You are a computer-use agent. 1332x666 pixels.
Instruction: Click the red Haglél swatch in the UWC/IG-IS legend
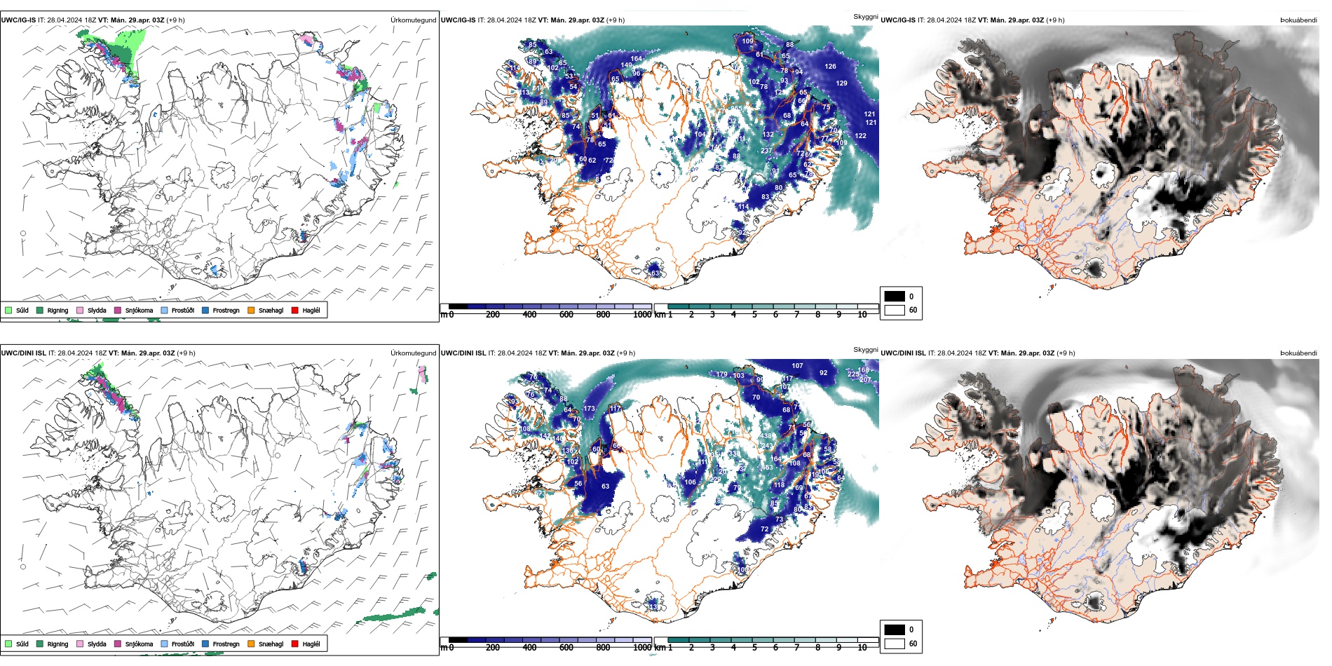pos(295,310)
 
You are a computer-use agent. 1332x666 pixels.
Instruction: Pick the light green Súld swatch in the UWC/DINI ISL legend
pos(8,644)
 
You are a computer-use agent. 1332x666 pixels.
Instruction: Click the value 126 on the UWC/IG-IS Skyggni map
pos(830,67)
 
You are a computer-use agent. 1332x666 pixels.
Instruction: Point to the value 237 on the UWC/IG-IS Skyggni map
pos(766,151)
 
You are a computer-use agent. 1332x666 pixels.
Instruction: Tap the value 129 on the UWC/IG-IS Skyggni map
pos(841,83)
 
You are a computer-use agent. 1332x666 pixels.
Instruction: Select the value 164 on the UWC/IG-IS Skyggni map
pos(636,59)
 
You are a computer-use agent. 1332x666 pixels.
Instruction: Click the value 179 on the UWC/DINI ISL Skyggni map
pos(721,374)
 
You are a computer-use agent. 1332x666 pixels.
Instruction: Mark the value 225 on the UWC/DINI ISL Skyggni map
pos(852,374)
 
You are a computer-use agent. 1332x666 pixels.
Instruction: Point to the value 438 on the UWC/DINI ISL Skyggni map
pos(766,436)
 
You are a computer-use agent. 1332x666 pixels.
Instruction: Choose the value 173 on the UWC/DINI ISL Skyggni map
pos(589,409)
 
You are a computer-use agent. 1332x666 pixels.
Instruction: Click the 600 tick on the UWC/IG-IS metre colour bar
pos(566,315)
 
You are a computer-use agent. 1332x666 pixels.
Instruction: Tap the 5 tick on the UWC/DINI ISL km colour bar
pos(754,648)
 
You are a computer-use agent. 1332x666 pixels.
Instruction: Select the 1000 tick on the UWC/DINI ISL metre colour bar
pos(642,648)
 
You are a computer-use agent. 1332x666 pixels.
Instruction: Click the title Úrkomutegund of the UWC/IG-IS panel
pos(413,20)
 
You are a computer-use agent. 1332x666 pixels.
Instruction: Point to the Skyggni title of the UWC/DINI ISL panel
pos(866,349)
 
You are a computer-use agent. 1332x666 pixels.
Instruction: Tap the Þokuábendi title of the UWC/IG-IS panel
pos(1298,20)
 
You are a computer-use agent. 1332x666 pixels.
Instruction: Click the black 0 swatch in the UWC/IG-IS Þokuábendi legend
pos(895,297)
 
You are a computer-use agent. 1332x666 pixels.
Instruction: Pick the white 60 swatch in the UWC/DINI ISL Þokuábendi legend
pos(895,644)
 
